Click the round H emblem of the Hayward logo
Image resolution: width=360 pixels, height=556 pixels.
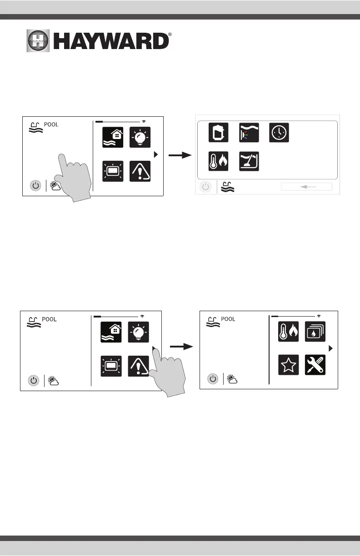pos(38,41)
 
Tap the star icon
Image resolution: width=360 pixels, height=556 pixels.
pos(289,365)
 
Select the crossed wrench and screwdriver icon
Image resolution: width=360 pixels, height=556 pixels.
pos(315,365)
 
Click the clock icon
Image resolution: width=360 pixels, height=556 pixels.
pos(279,133)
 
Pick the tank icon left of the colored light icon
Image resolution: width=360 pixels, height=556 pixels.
pos(218,133)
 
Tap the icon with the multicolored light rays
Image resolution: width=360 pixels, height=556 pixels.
pos(249,133)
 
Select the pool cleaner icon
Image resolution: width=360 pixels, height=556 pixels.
pos(249,161)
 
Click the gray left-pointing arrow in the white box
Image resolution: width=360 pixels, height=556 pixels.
pos(306,187)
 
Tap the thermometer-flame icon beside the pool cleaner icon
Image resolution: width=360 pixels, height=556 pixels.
pos(218,161)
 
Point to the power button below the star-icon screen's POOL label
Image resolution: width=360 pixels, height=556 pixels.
pos(213,378)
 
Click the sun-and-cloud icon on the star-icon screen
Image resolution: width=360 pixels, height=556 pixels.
pos(233,379)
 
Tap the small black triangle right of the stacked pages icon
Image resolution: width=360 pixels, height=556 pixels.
pos(331,348)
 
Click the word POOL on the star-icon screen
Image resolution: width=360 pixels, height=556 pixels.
pos(228,319)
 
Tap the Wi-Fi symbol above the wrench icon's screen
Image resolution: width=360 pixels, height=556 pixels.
pos(319,315)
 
